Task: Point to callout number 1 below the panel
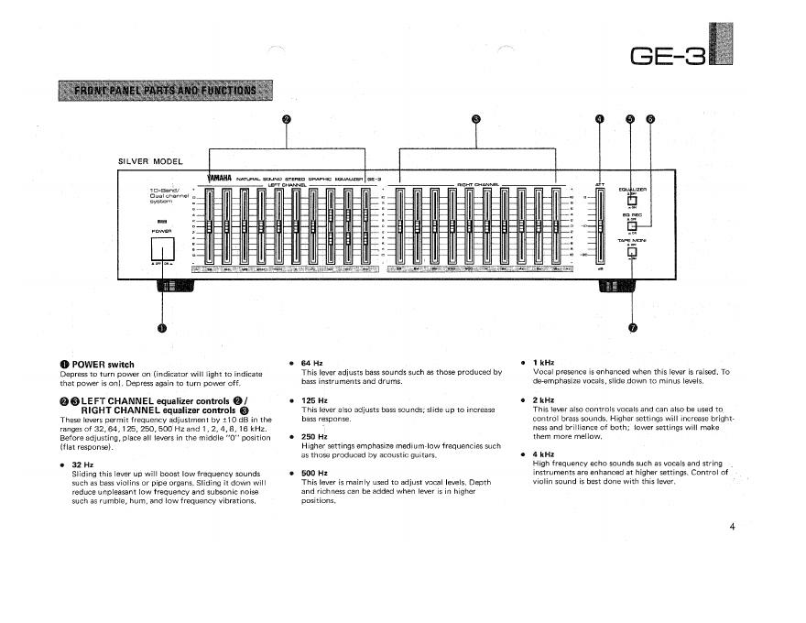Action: coord(162,329)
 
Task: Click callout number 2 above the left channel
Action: coord(286,119)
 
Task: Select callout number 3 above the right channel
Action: coord(475,119)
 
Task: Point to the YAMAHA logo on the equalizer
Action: coord(215,178)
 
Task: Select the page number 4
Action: coord(733,528)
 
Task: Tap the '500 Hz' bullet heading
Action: coord(314,473)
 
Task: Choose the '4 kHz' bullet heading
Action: coord(544,454)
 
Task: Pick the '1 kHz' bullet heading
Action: coord(544,363)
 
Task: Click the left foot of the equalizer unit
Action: coord(175,285)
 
